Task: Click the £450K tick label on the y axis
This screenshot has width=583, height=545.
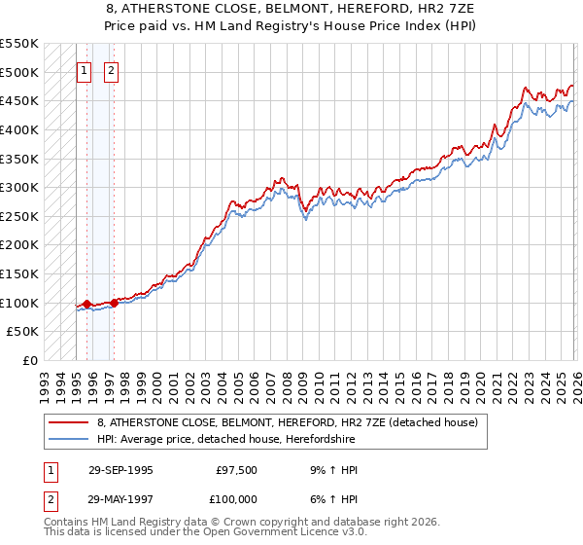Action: point(20,100)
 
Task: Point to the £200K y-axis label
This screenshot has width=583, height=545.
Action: point(20,245)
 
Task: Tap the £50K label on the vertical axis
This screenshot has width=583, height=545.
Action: point(24,332)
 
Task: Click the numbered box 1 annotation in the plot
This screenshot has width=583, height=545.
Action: point(84,70)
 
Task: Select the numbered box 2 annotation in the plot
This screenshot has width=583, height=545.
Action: point(111,70)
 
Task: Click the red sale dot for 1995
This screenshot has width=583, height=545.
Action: point(87,305)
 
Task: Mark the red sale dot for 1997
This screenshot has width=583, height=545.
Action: point(114,303)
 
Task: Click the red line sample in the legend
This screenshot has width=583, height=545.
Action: point(68,423)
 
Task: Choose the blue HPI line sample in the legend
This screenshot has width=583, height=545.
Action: point(68,440)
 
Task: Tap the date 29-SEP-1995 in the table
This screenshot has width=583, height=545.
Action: point(120,471)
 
